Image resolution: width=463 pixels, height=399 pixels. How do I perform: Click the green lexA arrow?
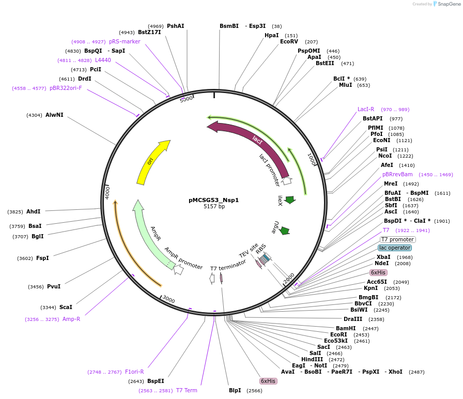289,199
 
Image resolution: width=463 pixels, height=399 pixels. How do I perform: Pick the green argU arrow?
284,231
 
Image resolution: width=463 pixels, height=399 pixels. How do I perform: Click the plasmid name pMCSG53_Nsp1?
214,199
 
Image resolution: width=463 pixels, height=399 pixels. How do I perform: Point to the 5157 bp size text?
214,207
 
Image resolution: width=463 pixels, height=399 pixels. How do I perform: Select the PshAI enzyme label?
175,26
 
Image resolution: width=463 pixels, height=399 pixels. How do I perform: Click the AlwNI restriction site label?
54,115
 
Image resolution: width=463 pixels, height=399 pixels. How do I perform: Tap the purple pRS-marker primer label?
125,41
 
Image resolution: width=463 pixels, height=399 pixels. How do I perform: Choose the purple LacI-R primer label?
366,110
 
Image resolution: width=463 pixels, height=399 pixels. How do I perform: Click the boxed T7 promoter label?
398,239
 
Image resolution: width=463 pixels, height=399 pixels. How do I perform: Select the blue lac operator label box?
395,248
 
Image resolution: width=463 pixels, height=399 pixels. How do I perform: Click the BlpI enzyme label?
235,390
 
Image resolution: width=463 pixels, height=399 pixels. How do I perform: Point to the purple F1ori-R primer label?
134,372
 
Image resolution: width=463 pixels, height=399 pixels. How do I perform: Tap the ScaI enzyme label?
66,307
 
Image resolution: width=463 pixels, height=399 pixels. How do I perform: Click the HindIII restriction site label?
312,359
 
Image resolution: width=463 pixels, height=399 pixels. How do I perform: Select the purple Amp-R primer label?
71,319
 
